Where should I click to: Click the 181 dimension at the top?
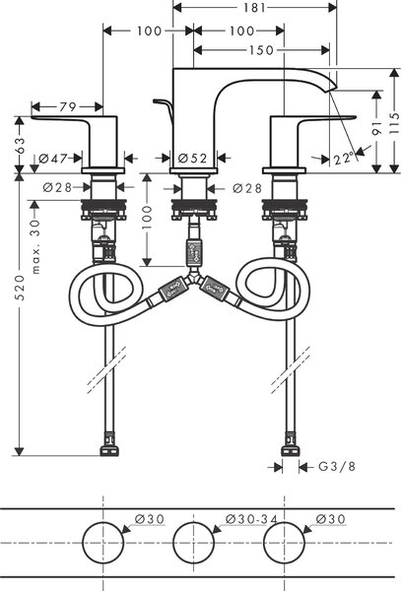click(254, 8)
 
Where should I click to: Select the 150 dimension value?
click(261, 50)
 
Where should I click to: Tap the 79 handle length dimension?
click(68, 107)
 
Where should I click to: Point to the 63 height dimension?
click(20, 145)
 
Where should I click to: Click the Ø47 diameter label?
click(53, 159)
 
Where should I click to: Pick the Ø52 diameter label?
click(192, 159)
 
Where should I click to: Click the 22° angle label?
click(344, 159)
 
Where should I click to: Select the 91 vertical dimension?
click(376, 128)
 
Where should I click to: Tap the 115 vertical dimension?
click(394, 123)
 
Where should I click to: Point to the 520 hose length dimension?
click(20, 288)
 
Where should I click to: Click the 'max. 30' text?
click(35, 247)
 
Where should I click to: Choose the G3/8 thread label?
click(337, 467)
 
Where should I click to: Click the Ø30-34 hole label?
click(251, 519)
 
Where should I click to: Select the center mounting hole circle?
click(193, 543)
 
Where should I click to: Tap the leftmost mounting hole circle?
click(102, 543)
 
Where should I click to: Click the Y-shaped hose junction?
click(193, 277)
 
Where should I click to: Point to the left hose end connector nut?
click(109, 450)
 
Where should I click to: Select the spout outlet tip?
click(332, 89)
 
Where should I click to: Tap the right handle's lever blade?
click(328, 119)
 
